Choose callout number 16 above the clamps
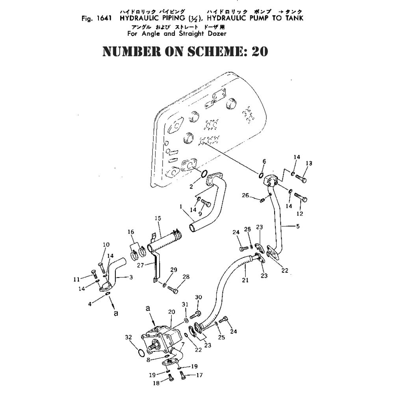(131, 232)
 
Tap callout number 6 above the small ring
(264, 161)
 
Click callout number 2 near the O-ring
(191, 187)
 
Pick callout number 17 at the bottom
(199, 375)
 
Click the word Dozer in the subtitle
(216, 34)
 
